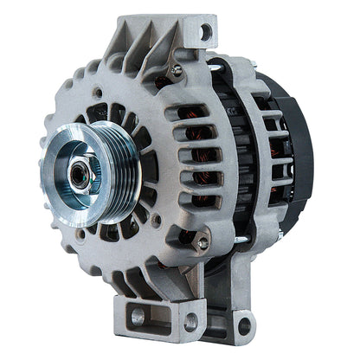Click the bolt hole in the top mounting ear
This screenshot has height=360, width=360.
click(x=205, y=34)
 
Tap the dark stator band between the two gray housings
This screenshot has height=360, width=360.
click(x=226, y=173)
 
